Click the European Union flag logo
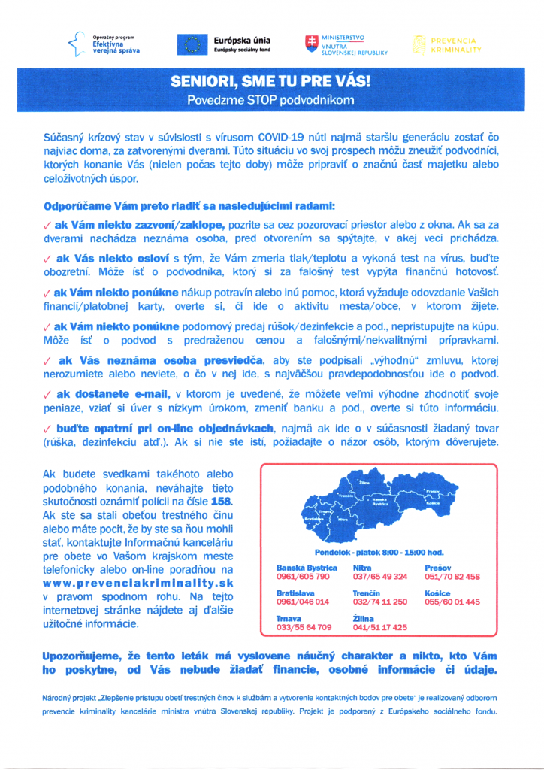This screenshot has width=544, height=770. (x=191, y=44)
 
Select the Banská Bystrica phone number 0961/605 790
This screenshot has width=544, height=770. (x=304, y=576)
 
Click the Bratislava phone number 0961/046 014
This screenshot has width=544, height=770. (x=304, y=602)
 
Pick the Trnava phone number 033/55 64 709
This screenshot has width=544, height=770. (x=304, y=626)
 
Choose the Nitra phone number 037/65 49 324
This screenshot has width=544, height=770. (x=380, y=576)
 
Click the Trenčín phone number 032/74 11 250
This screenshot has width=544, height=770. (x=380, y=602)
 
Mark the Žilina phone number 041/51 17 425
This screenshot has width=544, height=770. (x=380, y=626)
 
